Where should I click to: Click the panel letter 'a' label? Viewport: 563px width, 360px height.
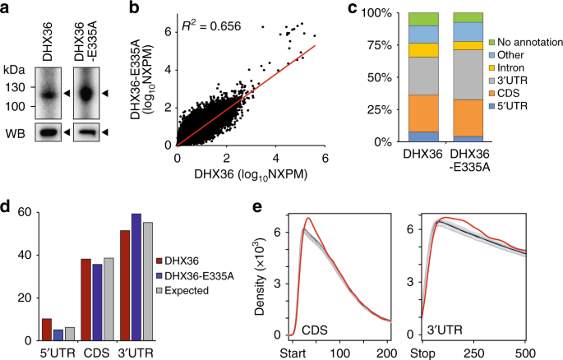[x=7, y=8]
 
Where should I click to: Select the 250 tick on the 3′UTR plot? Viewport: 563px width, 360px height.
[x=475, y=353]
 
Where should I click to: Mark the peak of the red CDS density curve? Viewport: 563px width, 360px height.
[x=307, y=219]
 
